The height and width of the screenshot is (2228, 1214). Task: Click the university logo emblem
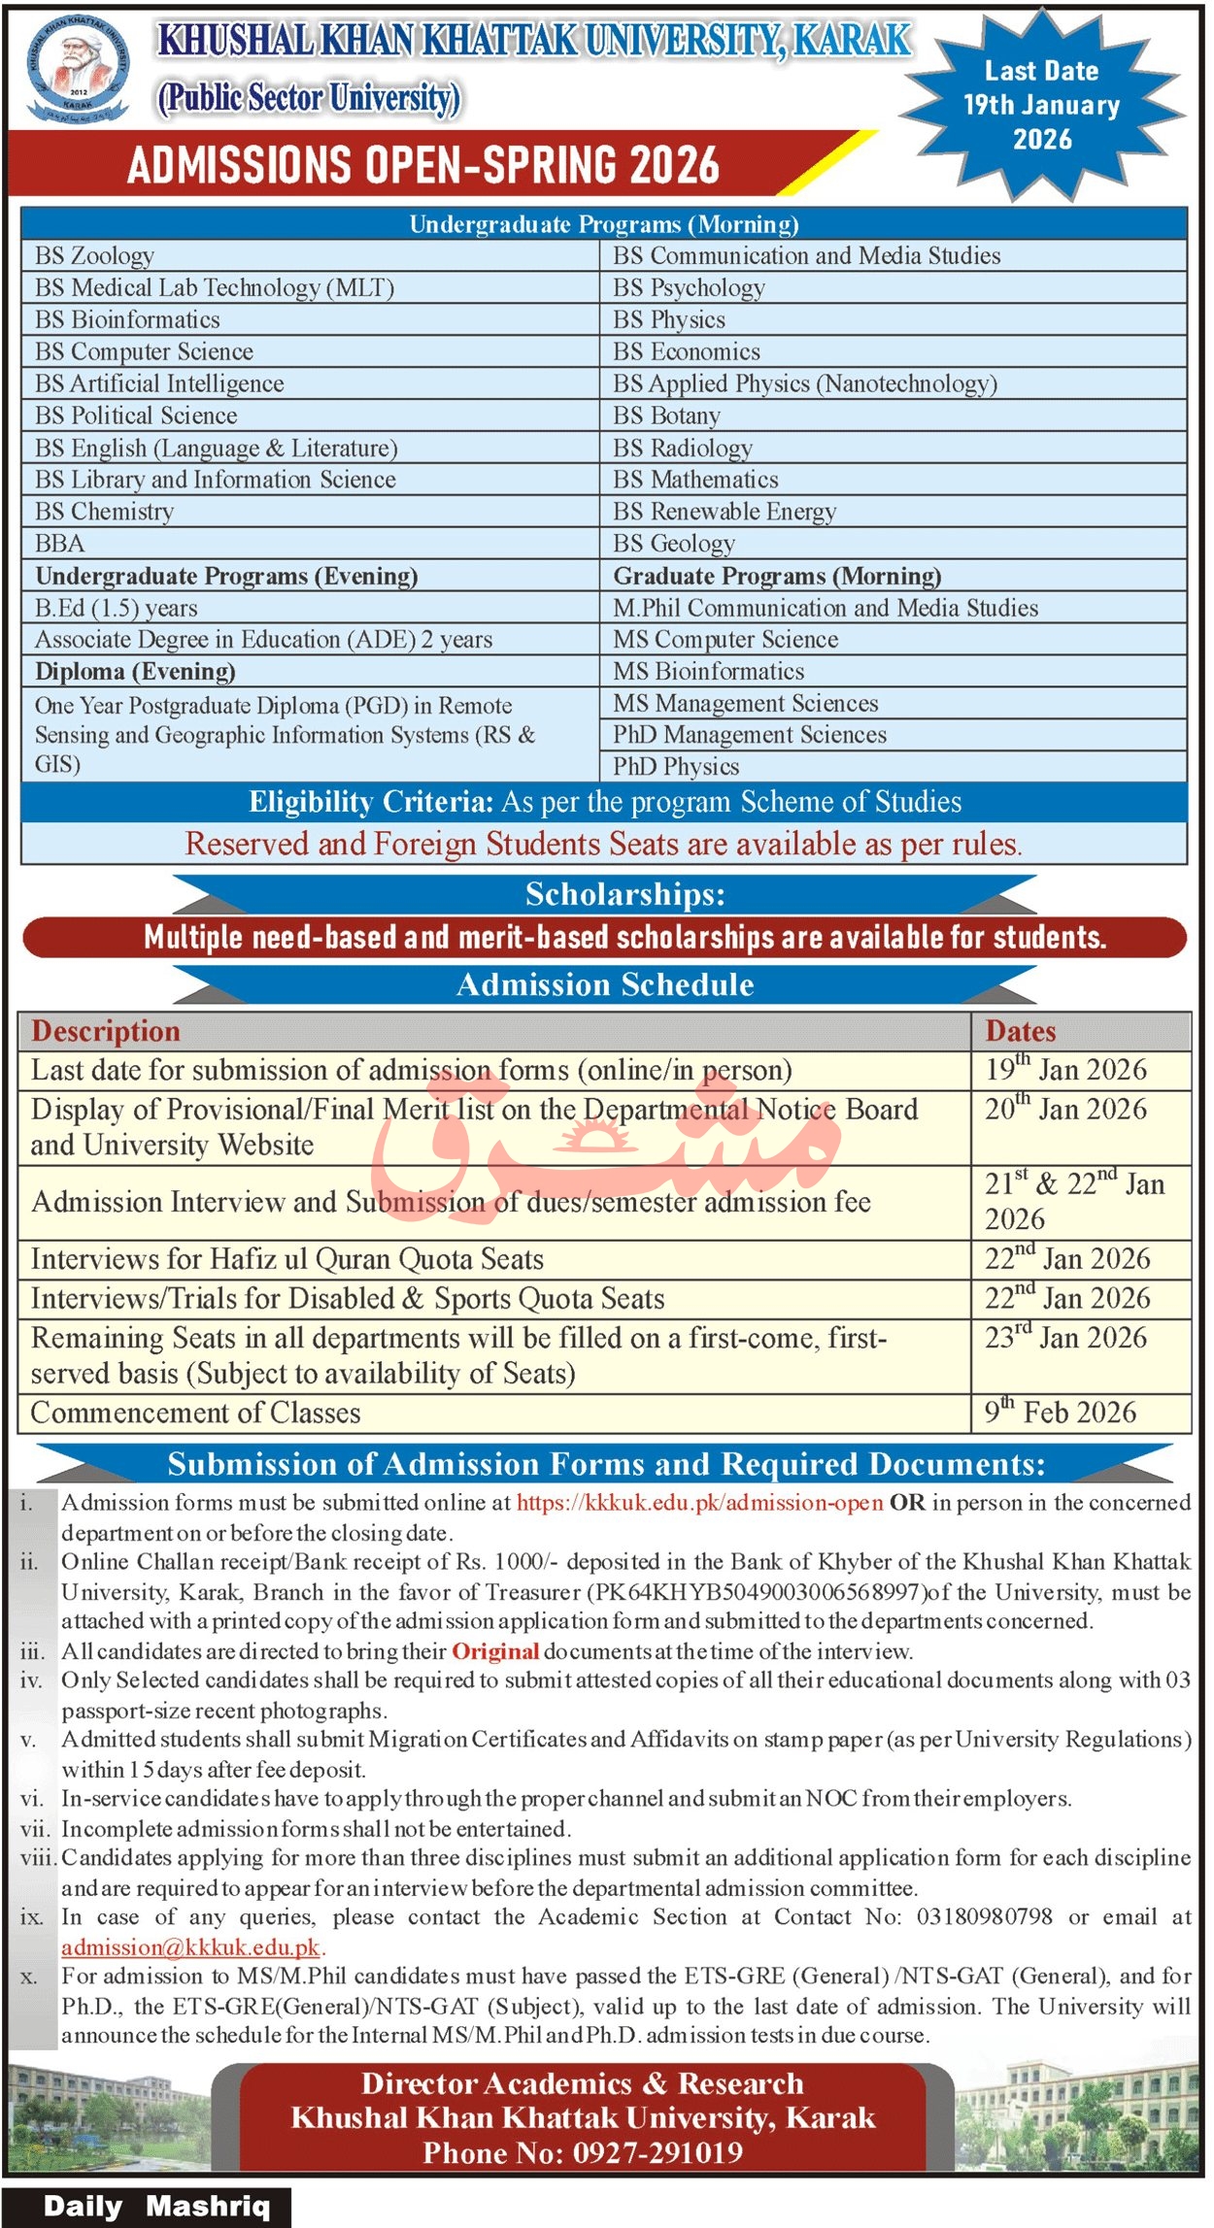pyautogui.click(x=78, y=68)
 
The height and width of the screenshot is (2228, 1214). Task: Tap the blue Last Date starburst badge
pyautogui.click(x=1041, y=105)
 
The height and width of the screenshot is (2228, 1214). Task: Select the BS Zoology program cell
pyautogui.click(x=95, y=256)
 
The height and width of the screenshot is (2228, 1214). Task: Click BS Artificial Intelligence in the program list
pyautogui.click(x=160, y=384)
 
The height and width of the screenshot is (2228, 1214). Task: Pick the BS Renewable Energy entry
pyautogui.click(x=724, y=512)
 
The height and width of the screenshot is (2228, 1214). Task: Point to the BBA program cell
pyautogui.click(x=60, y=544)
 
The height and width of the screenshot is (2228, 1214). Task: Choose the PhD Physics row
pyautogui.click(x=676, y=767)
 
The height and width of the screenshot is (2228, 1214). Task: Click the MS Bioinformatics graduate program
pyautogui.click(x=709, y=672)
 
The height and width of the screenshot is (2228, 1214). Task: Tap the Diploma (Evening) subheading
pyautogui.click(x=135, y=672)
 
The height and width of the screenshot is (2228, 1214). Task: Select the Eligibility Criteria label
pyautogui.click(x=371, y=803)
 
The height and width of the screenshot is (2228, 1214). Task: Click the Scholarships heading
pyautogui.click(x=624, y=894)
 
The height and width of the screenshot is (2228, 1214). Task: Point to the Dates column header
pyautogui.click(x=1021, y=1031)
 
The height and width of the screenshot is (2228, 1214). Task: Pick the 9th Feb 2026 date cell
pyautogui.click(x=1061, y=1413)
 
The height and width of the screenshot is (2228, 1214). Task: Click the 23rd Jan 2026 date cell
pyautogui.click(x=1065, y=1339)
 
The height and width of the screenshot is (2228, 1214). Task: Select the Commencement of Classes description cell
pyautogui.click(x=196, y=1413)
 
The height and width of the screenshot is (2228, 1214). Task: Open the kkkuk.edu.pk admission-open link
pyautogui.click(x=699, y=1503)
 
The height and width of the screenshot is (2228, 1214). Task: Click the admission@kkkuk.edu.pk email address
pyautogui.click(x=190, y=1947)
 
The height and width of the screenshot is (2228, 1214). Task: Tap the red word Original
pyautogui.click(x=495, y=1651)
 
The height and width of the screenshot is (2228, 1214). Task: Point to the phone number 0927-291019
pyautogui.click(x=658, y=2153)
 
